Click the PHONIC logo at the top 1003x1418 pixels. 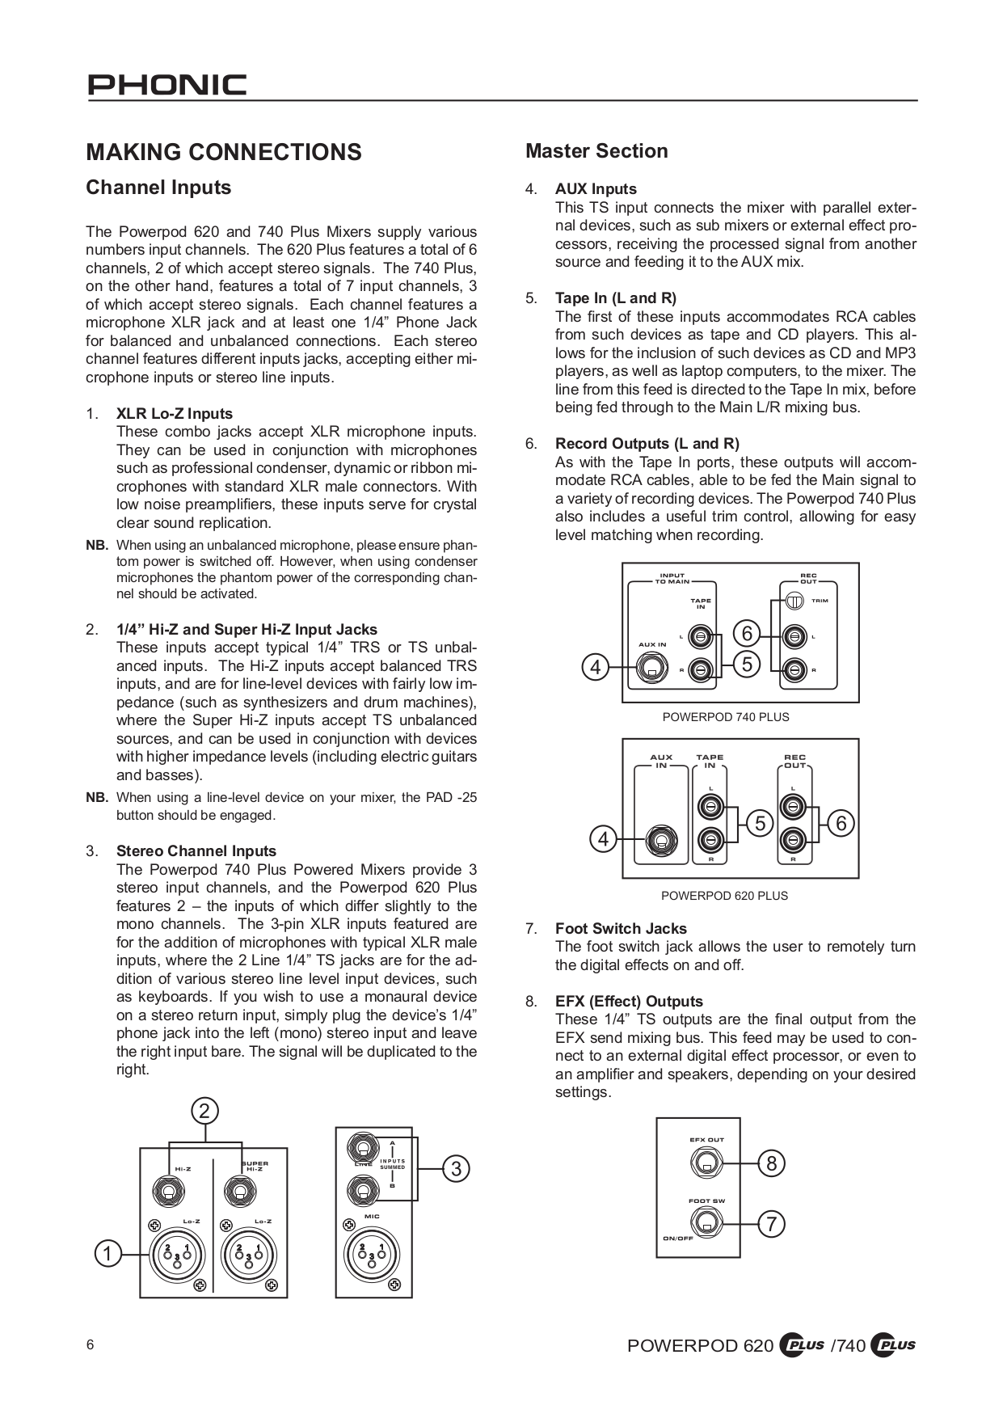click(167, 85)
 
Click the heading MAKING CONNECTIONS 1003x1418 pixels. click(224, 152)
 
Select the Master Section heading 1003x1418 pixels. click(596, 151)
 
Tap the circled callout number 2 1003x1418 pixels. click(204, 1111)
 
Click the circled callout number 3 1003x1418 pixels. click(456, 1168)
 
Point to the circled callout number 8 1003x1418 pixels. click(771, 1163)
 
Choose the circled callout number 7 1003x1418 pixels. click(771, 1224)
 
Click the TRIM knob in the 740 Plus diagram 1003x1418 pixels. click(794, 601)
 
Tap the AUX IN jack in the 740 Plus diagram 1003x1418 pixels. click(651, 668)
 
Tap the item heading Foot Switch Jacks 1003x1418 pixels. click(621, 928)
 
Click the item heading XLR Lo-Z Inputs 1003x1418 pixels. click(175, 413)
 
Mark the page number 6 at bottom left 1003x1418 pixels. click(91, 1345)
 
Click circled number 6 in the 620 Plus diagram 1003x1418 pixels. click(841, 824)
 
